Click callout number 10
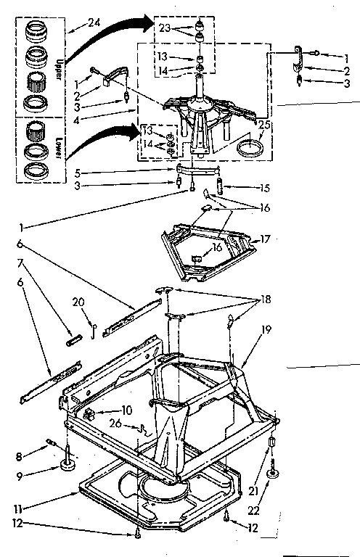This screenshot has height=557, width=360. tap(126, 410)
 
